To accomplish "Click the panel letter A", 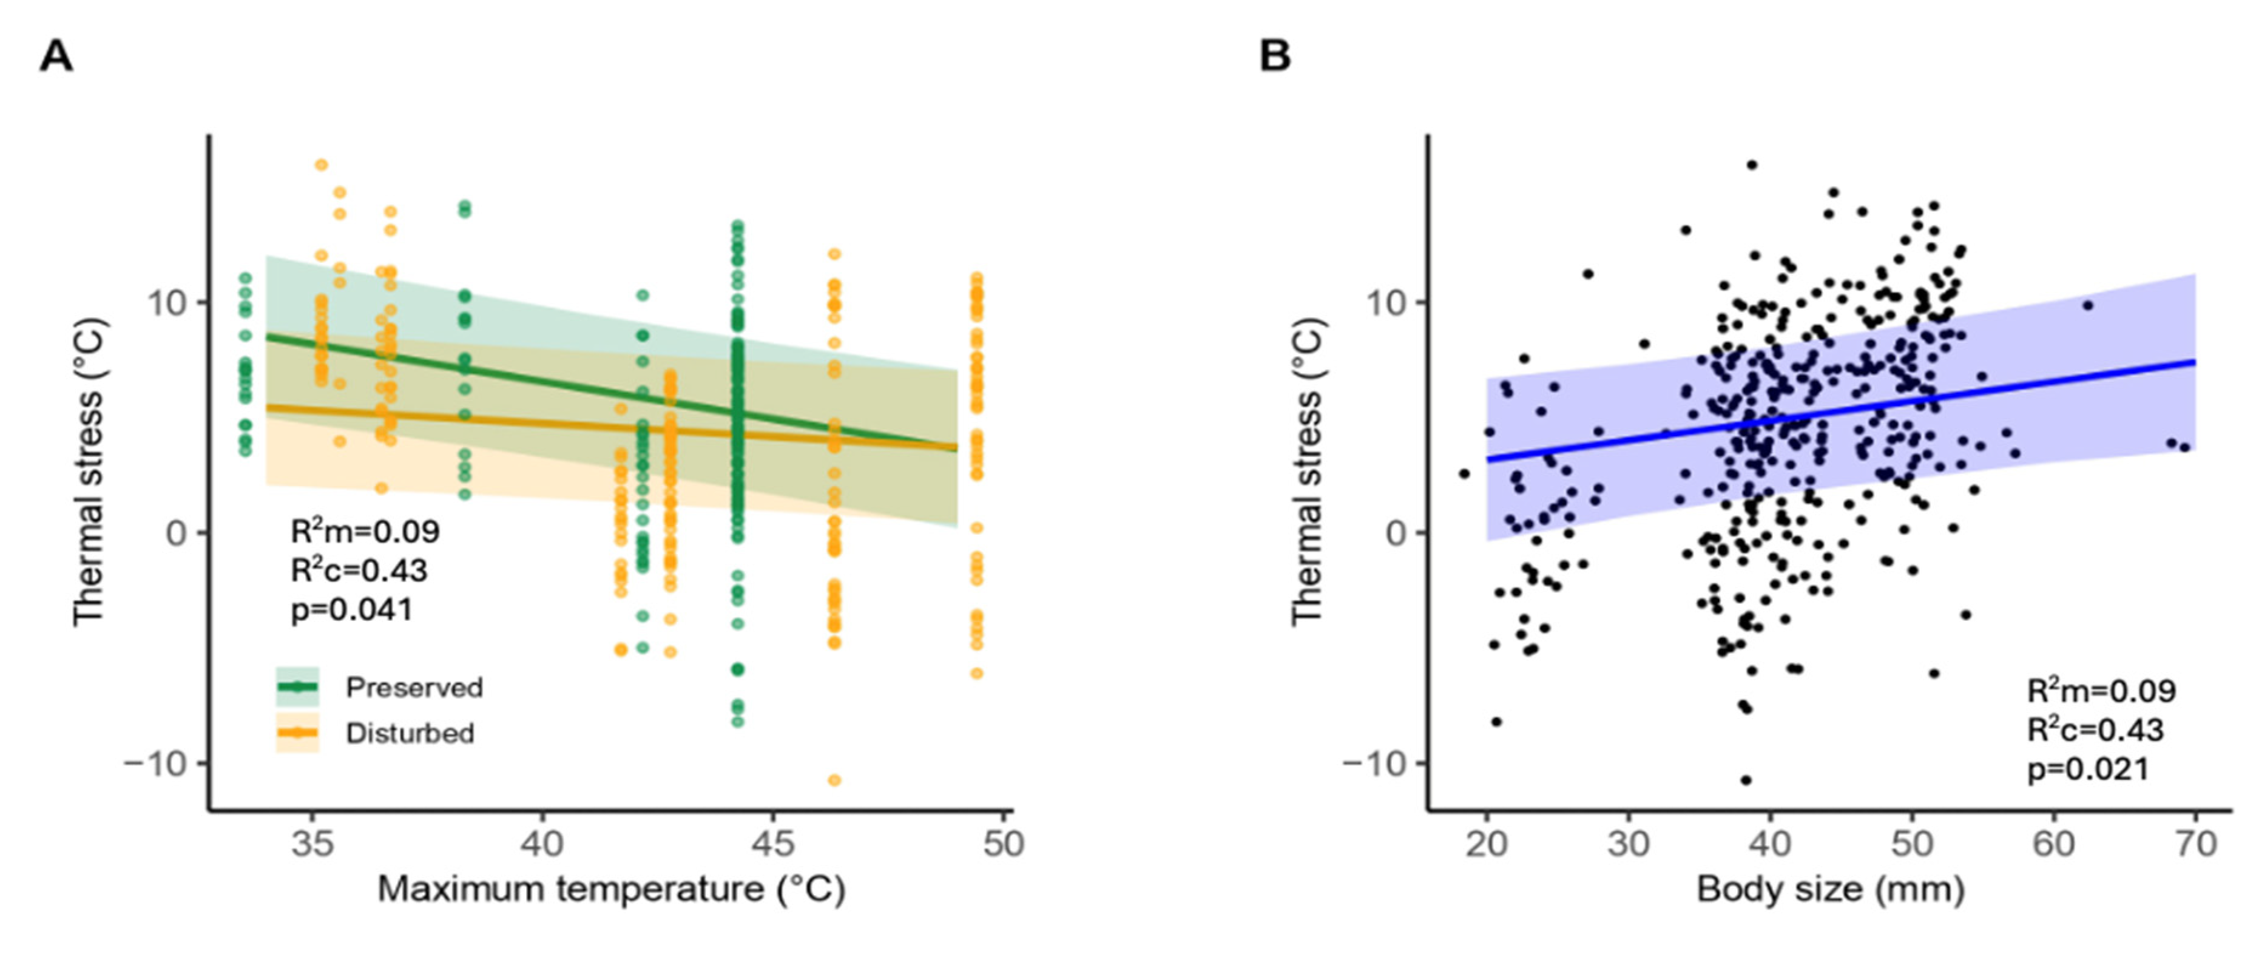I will point(56,58).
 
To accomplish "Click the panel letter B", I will point(1274,58).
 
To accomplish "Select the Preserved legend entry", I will point(413,688).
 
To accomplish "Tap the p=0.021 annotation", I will point(2088,770).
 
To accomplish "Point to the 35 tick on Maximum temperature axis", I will point(312,844).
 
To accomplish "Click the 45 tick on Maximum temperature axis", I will point(772,844).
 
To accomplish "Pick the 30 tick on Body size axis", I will point(1629,844).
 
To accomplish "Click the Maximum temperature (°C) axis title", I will point(611,890).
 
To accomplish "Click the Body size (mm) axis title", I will point(1830,890).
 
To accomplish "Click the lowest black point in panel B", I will point(1746,780).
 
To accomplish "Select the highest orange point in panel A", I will point(322,165).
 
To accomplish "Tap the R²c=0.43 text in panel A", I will point(359,571).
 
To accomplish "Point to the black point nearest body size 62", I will point(2088,305).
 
